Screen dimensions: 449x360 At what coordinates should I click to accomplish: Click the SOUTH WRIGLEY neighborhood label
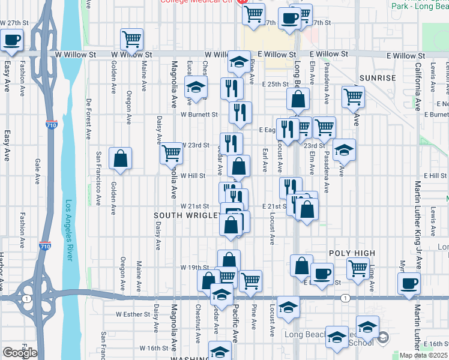pyautogui.click(x=184, y=215)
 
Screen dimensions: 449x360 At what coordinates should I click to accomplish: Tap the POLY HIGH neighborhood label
pyautogui.click(x=352, y=253)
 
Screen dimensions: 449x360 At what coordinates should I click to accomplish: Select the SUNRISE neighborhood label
pyautogui.click(x=378, y=78)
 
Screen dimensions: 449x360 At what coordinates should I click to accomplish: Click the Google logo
pyautogui.click(x=20, y=353)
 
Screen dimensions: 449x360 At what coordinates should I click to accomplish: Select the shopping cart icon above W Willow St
pyautogui.click(x=131, y=40)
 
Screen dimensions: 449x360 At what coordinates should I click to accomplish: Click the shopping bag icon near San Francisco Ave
pyautogui.click(x=121, y=159)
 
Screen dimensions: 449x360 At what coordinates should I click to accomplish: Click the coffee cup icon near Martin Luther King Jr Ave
pyautogui.click(x=409, y=283)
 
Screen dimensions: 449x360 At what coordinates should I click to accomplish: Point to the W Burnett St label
pyautogui.click(x=199, y=114)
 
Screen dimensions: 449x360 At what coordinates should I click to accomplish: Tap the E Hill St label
pyautogui.click(x=435, y=175)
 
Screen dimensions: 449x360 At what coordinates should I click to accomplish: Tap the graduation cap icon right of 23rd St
pyautogui.click(x=345, y=151)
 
